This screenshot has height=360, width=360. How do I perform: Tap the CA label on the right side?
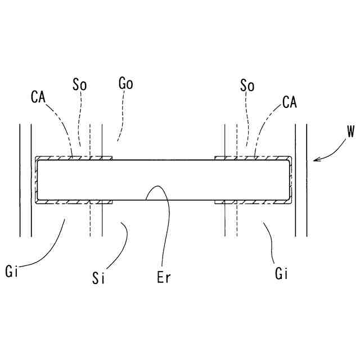[290, 102]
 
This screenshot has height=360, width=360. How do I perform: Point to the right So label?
[247, 85]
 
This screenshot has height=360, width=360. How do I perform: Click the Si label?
[99, 277]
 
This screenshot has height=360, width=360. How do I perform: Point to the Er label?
[164, 277]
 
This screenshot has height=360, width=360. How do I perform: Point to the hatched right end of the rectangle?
[290, 180]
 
